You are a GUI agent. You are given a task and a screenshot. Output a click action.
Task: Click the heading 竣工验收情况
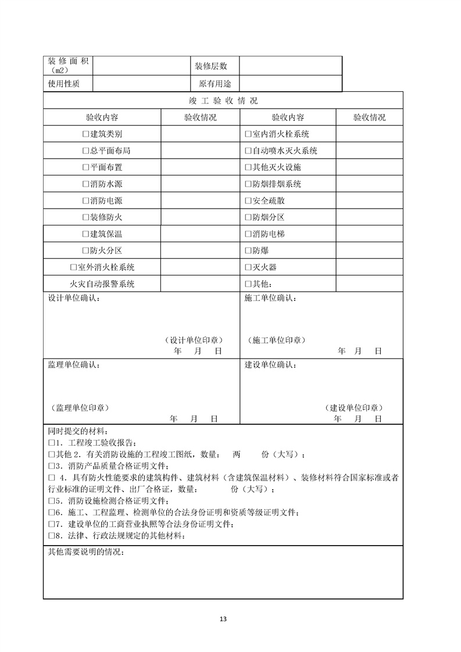click(223, 101)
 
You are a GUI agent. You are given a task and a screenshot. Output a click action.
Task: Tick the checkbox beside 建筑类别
click(85, 134)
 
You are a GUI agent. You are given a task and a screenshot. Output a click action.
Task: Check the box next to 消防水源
click(85, 184)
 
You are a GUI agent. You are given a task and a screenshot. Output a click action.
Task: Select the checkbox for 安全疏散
click(248, 201)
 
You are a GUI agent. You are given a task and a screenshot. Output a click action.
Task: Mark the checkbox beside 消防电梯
click(248, 234)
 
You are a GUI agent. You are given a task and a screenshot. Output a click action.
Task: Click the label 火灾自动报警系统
click(102, 284)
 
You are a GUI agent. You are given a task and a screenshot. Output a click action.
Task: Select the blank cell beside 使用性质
click(141, 84)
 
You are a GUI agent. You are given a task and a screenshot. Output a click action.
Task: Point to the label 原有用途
click(215, 84)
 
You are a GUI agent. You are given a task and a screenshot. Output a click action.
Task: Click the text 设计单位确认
click(73, 299)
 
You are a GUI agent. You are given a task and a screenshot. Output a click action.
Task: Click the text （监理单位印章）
click(79, 408)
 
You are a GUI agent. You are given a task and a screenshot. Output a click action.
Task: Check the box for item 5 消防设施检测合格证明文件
click(51, 501)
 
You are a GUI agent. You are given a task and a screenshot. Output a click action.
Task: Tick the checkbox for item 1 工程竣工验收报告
click(51, 443)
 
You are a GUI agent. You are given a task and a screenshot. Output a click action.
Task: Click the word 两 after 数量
click(236, 454)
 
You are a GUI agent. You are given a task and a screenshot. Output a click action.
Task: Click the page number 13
click(223, 618)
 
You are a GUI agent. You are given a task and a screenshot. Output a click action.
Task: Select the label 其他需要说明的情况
click(85, 551)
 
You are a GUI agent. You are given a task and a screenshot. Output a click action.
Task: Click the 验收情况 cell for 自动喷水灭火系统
click(369, 151)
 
